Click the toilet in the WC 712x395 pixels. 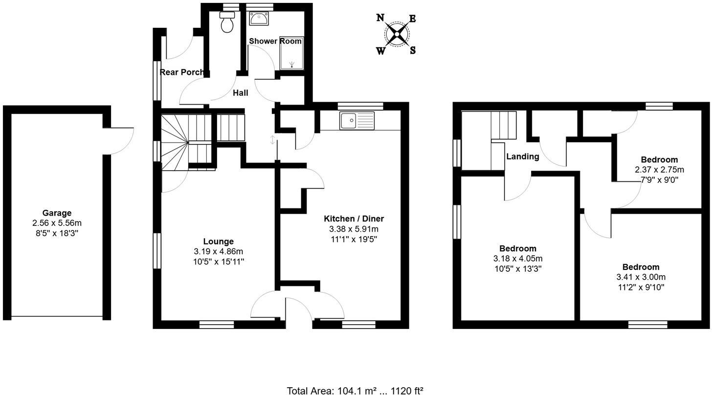227,22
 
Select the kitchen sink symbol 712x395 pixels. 357,121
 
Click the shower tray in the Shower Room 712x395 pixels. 291,53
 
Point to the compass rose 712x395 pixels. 397,34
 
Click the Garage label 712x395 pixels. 57,213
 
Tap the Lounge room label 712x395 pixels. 218,241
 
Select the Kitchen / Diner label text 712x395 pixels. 354,219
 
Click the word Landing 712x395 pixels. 522,156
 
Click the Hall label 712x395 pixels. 240,93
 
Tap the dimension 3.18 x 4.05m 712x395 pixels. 518,259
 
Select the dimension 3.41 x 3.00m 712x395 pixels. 641,277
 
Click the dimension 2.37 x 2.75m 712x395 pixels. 659,170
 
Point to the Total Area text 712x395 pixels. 355,390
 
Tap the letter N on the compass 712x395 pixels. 380,18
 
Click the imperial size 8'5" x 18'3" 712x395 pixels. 57,233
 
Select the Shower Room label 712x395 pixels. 275,41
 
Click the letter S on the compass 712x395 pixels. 413,50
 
